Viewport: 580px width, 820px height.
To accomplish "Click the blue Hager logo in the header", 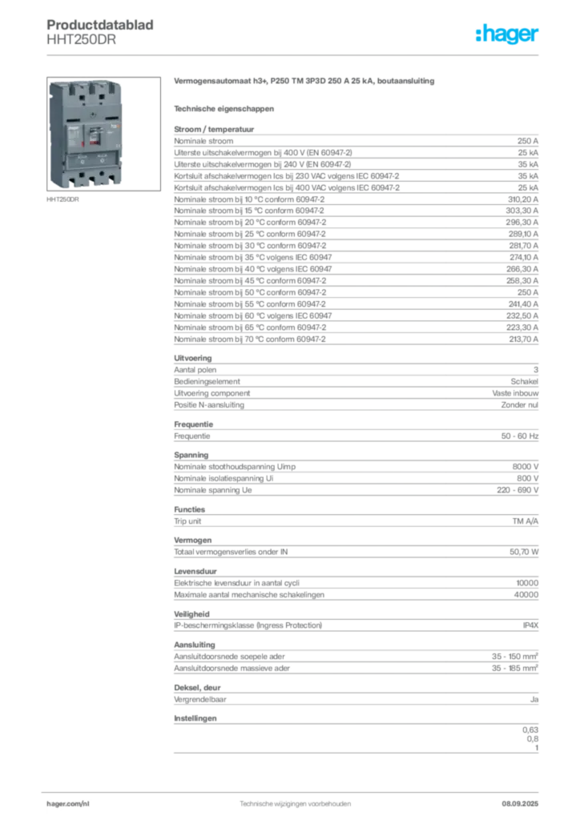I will point(508,34).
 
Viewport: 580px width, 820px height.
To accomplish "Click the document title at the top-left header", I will point(103,24).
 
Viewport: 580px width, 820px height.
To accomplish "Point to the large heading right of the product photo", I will point(304,82).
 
